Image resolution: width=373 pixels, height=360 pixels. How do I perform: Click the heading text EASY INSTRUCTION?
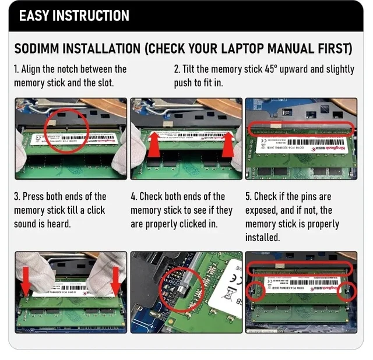click(74, 15)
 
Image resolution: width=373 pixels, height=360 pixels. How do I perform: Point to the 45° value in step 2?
click(268, 69)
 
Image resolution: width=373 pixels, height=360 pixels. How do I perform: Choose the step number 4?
click(133, 196)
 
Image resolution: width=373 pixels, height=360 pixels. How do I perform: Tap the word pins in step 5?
click(309, 196)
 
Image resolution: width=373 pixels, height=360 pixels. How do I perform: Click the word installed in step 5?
click(262, 238)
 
